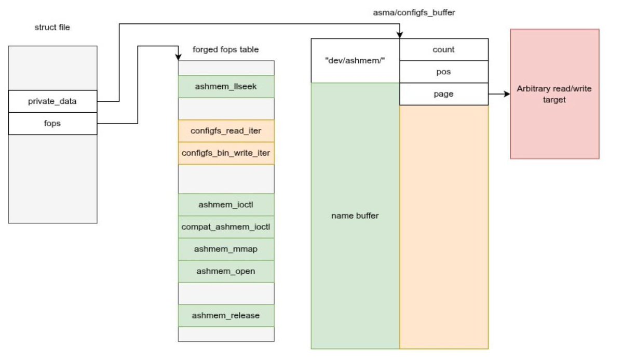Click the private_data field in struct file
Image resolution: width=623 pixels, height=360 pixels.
52,101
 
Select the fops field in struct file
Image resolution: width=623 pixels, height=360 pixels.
52,124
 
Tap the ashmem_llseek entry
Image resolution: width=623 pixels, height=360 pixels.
226,86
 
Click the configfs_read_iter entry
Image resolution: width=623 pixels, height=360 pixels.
226,131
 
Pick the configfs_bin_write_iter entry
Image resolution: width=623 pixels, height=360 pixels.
226,153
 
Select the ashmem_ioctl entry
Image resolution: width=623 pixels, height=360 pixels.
226,205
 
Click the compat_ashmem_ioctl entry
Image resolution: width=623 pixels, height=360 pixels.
226,227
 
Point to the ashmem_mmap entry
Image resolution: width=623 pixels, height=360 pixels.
226,249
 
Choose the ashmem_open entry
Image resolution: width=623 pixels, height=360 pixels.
226,271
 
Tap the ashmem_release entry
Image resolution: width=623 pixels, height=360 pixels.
226,315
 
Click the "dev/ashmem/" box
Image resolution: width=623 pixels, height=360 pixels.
355,60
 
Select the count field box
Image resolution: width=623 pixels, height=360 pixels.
443,49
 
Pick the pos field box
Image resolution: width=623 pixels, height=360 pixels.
443,72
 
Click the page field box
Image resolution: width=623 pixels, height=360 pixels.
443,94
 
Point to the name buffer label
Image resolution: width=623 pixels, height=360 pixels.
355,216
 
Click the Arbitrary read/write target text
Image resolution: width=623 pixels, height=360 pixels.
554,94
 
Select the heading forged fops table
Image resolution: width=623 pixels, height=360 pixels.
225,49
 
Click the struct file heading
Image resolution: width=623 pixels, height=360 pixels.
52,27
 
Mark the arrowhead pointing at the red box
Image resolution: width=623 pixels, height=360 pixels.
507,94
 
